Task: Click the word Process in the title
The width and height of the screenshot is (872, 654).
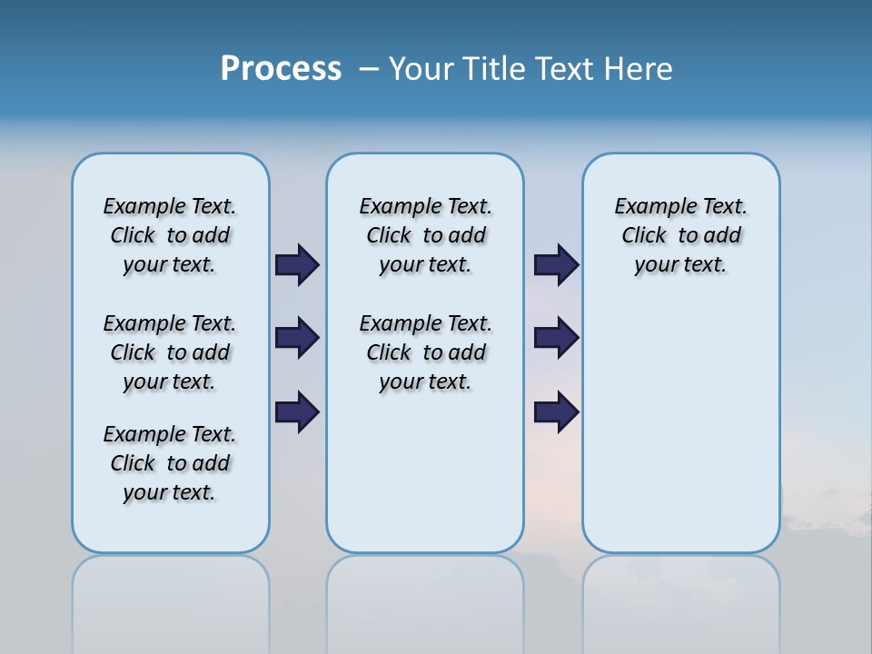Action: [x=281, y=69]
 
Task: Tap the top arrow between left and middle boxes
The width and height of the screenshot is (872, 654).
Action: [x=297, y=264]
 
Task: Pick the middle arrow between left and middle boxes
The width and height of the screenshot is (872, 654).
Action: [x=297, y=338]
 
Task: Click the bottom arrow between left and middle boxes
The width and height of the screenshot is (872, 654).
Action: [x=297, y=411]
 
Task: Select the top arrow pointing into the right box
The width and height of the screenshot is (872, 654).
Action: [x=556, y=264]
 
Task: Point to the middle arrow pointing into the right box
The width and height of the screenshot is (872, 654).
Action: [x=556, y=338]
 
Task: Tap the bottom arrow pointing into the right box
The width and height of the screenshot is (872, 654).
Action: [x=556, y=411]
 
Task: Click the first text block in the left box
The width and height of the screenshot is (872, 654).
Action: [x=170, y=235]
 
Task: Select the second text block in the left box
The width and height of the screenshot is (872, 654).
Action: [x=170, y=352]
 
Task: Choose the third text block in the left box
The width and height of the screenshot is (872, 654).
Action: [x=170, y=463]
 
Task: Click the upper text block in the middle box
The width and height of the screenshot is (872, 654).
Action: [x=425, y=235]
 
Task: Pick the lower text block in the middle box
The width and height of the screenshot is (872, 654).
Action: [x=425, y=352]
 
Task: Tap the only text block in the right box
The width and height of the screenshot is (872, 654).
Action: [x=681, y=235]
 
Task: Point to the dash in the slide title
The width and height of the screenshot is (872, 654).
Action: [x=369, y=69]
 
